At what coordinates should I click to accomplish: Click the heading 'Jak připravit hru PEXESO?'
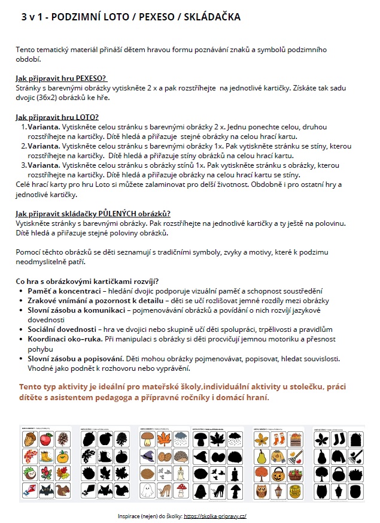point(61,78)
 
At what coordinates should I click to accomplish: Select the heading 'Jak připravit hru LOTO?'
point(57,117)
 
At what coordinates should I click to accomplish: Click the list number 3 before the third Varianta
point(24,165)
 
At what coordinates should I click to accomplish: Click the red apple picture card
point(45,439)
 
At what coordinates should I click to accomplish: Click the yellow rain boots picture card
point(45,457)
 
